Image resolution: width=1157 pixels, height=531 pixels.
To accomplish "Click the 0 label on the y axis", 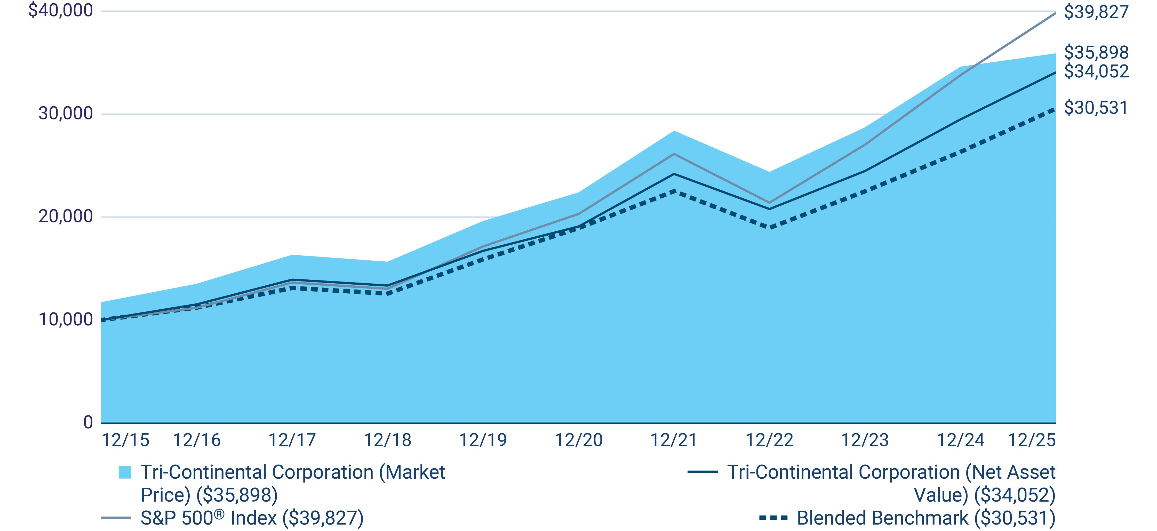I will (x=88, y=422).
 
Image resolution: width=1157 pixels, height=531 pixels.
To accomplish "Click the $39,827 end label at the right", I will (x=1096, y=12).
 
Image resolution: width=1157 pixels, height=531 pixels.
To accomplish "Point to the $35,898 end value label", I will (x=1096, y=53).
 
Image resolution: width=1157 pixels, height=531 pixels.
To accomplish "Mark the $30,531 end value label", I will (x=1096, y=108).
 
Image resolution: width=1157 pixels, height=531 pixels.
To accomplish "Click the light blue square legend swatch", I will (x=125, y=472).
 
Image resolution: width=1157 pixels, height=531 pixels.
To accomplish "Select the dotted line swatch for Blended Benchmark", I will (x=773, y=518).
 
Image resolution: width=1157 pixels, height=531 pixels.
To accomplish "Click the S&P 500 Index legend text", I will (x=252, y=518).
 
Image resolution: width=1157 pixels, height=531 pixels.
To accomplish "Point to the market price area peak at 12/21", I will (x=674, y=131).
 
